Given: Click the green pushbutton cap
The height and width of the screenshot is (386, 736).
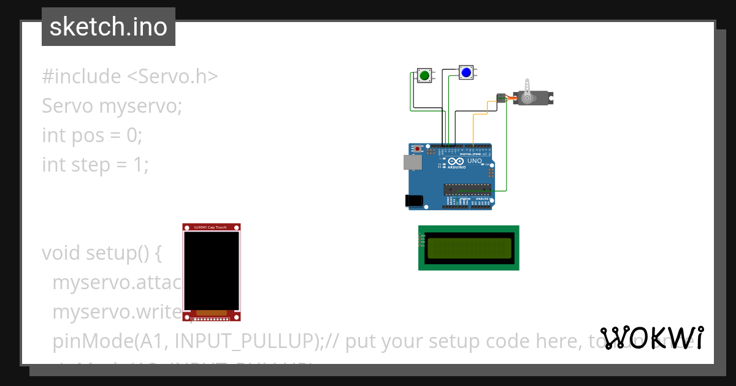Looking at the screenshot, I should coord(424,75).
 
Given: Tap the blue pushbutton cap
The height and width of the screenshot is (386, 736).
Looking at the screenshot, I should coord(466,73).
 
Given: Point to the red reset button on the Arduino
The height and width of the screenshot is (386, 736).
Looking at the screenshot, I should coord(418,148).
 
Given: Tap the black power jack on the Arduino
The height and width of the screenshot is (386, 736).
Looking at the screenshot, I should coord(414,200).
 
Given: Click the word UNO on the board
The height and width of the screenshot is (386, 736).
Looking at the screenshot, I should coord(475,161).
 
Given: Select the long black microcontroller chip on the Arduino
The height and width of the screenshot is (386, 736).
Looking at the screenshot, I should coord(467,189).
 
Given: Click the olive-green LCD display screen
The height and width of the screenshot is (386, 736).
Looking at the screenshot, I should coord(469,248).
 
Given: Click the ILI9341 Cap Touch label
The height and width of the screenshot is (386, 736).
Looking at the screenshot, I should coord(210,227).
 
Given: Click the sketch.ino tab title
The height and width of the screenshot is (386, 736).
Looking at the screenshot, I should coord(109,27).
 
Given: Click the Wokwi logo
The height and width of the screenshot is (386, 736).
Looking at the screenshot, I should coord(651,338).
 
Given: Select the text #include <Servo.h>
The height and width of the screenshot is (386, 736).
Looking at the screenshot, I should coord(130,77).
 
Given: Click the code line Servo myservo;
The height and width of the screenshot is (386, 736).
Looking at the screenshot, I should coord(112,106).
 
